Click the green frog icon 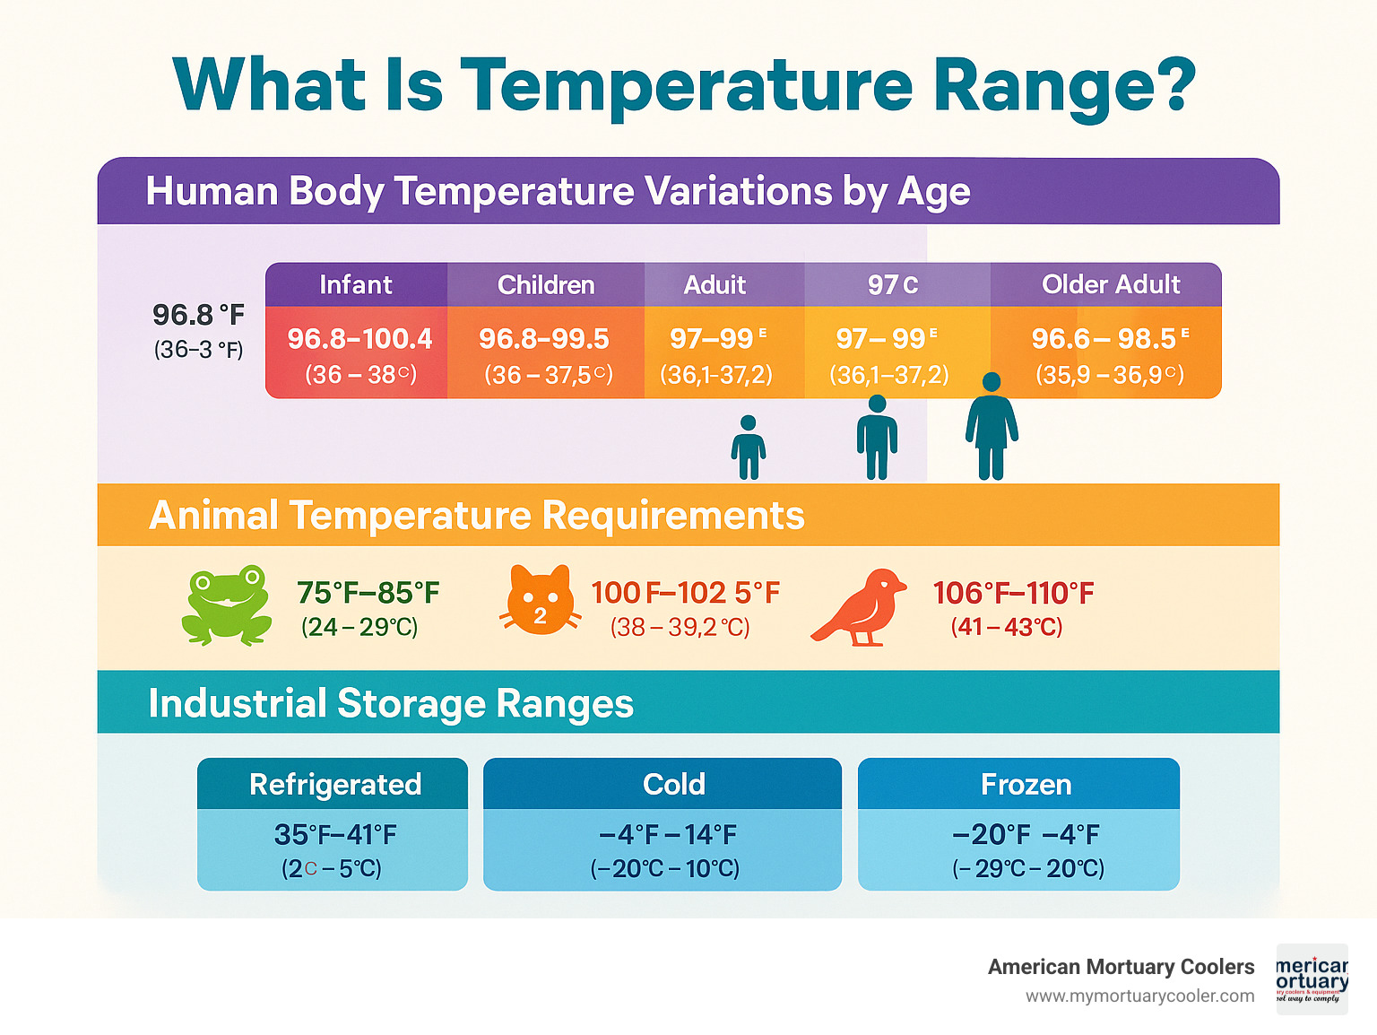point(227,604)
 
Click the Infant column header point(356,284)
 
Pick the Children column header point(546,284)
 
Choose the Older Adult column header point(1110,284)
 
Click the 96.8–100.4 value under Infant point(359,338)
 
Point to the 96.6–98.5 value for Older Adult point(1104,338)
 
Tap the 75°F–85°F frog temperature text point(368,593)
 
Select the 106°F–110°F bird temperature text point(1013,593)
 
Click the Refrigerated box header point(334,784)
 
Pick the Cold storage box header point(673,784)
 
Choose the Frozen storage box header point(1026,784)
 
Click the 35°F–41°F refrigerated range point(335,834)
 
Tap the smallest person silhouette point(748,447)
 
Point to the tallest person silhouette point(991,426)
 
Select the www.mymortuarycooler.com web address point(1139,996)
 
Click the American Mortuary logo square point(1312,979)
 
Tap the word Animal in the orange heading point(213,516)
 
